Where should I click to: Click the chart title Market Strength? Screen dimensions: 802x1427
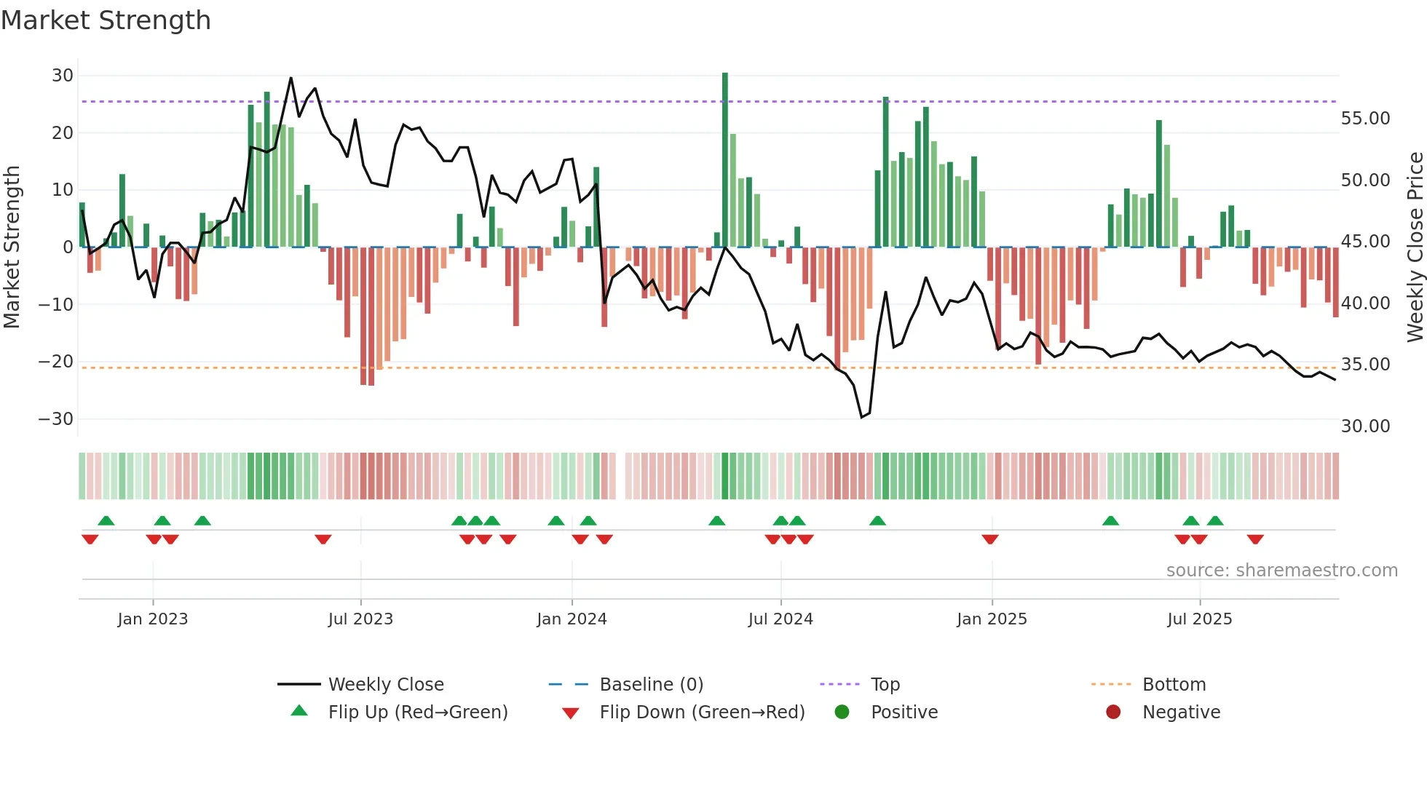tap(106, 20)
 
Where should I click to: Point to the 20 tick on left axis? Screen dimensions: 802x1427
tap(63, 133)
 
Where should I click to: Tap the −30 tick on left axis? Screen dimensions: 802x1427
tap(56, 419)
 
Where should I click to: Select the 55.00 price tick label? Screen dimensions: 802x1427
tap(1365, 119)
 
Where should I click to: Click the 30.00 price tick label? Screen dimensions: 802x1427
tap(1365, 426)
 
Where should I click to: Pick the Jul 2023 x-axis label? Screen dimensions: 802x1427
tap(360, 619)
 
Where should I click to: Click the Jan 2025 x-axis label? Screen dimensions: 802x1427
tap(992, 619)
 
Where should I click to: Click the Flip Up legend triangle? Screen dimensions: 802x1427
tap(299, 711)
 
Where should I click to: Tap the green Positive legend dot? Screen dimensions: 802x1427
tap(842, 712)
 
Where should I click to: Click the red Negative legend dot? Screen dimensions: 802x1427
tap(1113, 712)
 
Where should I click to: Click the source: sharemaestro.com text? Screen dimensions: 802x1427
tap(1281, 571)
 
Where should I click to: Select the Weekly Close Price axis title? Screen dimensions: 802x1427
tap(1415, 247)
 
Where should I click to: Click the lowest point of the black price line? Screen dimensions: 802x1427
tap(861, 417)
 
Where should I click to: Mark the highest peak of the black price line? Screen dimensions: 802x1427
tap(291, 78)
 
